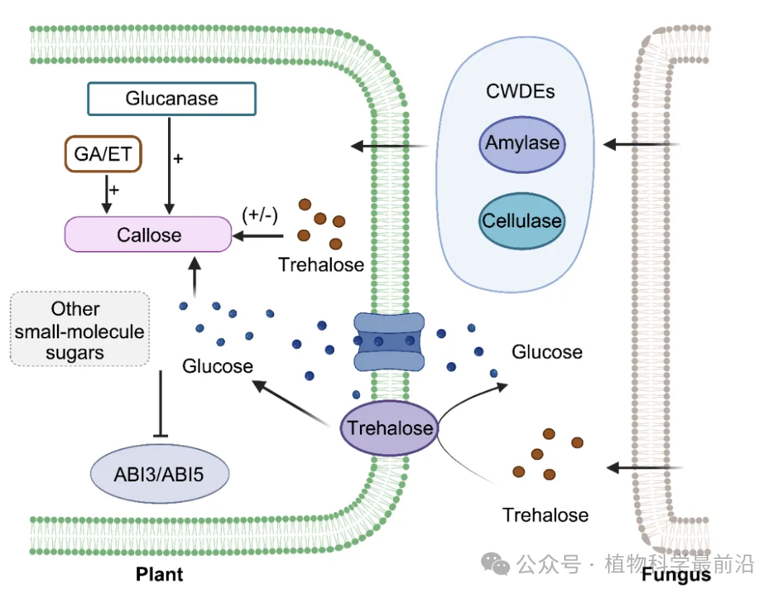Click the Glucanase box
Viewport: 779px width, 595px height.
tap(172, 98)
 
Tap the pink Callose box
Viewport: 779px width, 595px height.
tap(148, 235)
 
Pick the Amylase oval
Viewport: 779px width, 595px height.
tap(521, 143)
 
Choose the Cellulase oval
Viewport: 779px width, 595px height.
tap(521, 220)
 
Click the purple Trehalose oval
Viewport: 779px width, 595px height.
tap(390, 428)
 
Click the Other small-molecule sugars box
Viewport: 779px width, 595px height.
tap(79, 330)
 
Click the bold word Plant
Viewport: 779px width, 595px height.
tap(159, 574)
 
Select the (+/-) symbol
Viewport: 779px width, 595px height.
tap(260, 213)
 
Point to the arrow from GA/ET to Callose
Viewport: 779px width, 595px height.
tap(107, 193)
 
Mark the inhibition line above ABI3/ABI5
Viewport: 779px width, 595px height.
tap(160, 405)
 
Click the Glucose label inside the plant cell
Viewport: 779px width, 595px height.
tap(217, 366)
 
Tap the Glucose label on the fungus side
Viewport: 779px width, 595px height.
tap(547, 352)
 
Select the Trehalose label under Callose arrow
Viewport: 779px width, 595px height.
tap(321, 265)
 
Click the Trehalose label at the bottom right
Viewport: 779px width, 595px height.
tap(545, 515)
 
